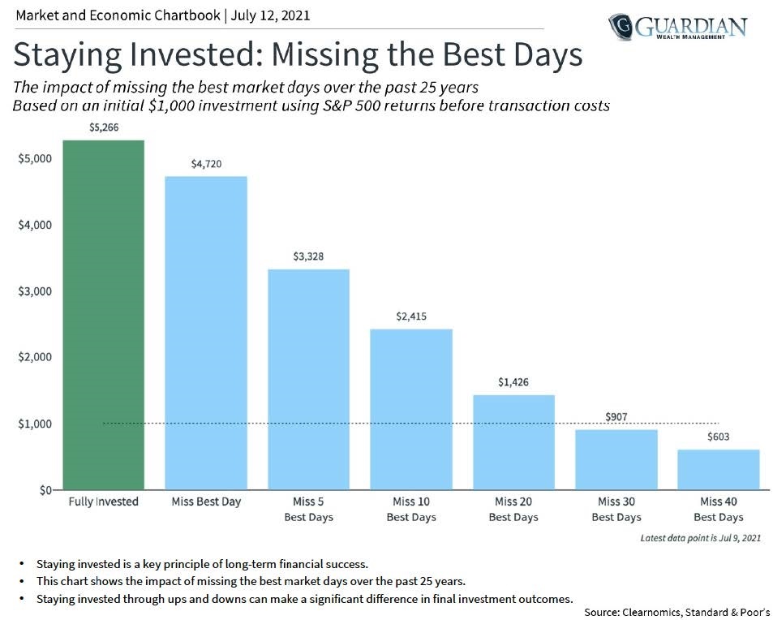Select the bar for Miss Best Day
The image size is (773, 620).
click(206, 333)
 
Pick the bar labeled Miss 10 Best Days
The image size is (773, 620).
click(411, 409)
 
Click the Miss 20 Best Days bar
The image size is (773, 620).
click(513, 442)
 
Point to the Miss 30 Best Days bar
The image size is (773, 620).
click(616, 459)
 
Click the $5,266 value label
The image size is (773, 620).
click(104, 128)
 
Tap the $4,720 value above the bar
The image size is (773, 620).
click(206, 164)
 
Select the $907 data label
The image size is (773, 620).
click(616, 417)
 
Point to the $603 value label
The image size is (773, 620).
click(719, 437)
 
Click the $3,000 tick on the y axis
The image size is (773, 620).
click(35, 291)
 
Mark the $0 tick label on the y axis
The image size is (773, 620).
click(44, 490)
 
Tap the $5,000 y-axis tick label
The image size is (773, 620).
click(35, 157)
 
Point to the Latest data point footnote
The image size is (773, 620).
click(700, 537)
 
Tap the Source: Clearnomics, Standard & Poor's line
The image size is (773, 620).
click(676, 612)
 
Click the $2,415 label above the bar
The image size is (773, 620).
click(411, 316)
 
